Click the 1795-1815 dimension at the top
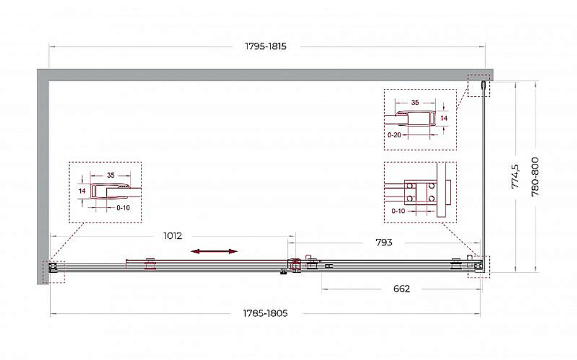point(265,46)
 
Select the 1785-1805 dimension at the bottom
point(265,313)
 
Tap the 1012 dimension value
point(173,235)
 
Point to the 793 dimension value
point(384,242)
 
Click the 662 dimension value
point(402,288)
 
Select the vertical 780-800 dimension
point(535,177)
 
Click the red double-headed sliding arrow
point(214,252)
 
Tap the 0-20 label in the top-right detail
point(394,135)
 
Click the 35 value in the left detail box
point(111,175)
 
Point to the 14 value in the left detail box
point(82,191)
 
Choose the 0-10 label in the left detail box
point(123,208)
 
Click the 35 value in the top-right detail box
point(415,102)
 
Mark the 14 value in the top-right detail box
point(444,118)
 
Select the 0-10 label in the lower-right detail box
point(398,211)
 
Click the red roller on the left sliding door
point(150,264)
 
